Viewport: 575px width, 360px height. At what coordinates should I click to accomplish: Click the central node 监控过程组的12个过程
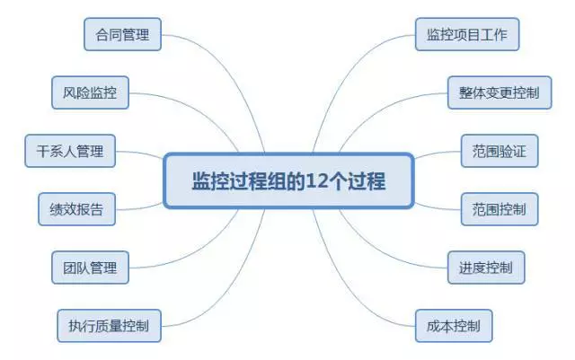287,180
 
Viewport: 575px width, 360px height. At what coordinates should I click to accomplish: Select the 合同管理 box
122,36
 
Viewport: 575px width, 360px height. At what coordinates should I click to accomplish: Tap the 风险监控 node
90,92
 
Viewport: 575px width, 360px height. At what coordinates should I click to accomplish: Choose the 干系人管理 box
70,151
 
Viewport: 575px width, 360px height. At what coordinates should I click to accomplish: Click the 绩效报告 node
77,210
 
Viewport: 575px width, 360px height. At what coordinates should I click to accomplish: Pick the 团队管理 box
90,267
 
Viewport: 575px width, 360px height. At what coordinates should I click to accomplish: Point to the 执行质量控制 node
109,324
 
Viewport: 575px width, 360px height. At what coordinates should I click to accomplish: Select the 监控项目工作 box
467,36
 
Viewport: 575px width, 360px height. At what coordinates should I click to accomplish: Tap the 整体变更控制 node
500,92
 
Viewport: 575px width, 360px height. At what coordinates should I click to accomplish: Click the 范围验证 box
499,151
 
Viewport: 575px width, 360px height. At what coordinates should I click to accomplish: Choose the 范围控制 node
499,210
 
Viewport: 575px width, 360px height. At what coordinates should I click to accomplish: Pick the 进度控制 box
486,267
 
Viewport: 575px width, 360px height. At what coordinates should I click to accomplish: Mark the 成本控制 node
454,324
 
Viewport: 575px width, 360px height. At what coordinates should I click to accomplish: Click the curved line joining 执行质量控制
211,292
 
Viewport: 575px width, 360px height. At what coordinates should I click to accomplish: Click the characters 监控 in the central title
207,180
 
